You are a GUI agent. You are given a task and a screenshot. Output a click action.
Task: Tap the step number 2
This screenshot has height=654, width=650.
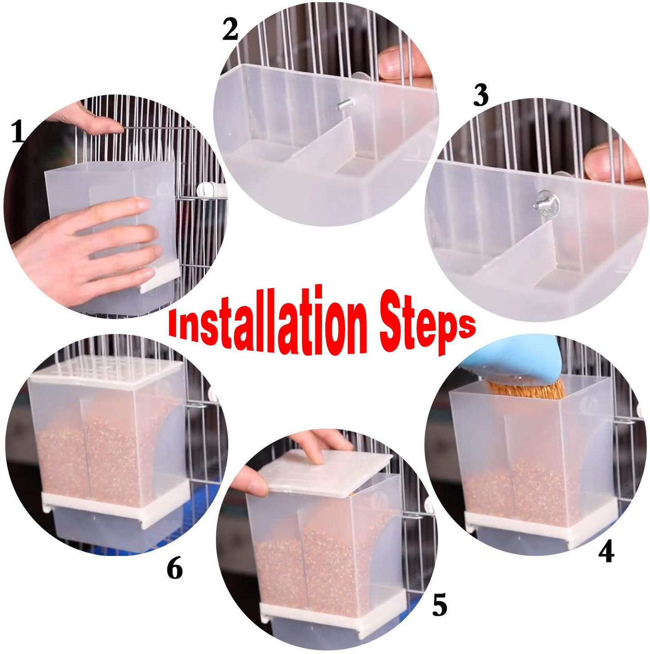coord(230,30)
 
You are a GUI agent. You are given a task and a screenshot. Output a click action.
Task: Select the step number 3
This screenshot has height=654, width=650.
coord(481,96)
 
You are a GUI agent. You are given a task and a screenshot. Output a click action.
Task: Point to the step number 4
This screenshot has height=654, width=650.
coord(606,552)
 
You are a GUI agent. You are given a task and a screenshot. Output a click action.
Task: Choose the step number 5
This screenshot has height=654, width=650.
coord(439,605)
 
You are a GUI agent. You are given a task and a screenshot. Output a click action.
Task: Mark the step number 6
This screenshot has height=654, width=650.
coord(175,569)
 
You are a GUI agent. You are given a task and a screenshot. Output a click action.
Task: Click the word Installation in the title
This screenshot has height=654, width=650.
coord(265,323)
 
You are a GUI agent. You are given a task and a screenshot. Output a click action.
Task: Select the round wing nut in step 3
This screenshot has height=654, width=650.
coord(546,205)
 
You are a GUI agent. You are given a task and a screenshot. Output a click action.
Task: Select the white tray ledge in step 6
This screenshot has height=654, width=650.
coord(112,503)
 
